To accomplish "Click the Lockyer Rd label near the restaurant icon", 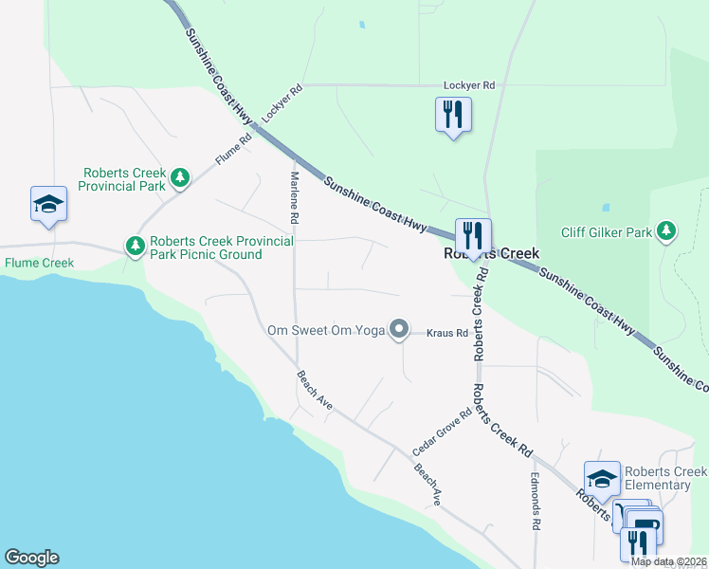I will click(469, 85).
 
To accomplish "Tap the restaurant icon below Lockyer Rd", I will click(453, 116).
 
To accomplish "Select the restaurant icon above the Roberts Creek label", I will click(472, 235).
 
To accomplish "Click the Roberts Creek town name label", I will click(492, 254).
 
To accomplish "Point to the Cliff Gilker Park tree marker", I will click(666, 231).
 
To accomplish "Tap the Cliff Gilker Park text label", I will click(606, 232).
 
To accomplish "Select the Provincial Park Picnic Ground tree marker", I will click(136, 247).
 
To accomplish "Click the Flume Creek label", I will click(39, 263).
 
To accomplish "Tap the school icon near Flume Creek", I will click(49, 204).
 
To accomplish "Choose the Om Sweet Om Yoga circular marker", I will click(400, 330).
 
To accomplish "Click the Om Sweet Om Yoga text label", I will click(326, 330).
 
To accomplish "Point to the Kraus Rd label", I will click(447, 334).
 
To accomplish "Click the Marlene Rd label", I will click(295, 197).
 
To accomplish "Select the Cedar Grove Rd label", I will click(442, 431).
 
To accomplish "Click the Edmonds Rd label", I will click(536, 501).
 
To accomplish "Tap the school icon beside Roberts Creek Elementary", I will click(602, 478).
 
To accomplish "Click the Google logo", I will click(31, 558).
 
